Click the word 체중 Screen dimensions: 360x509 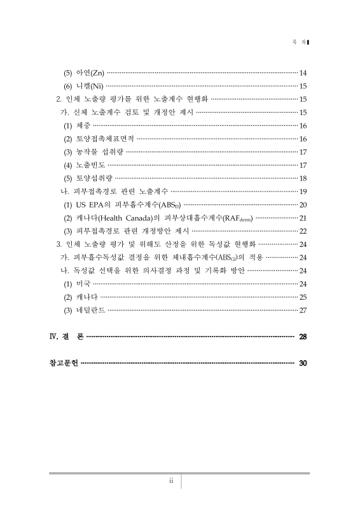(83, 125)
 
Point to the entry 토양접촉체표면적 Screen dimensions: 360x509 (104, 139)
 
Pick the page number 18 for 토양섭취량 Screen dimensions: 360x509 (303, 178)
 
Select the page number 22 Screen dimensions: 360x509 (303, 231)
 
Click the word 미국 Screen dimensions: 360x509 (83, 284)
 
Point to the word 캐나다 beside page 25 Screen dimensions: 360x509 (87, 297)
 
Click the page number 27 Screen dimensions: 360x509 (303, 310)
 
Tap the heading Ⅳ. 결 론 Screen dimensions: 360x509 (66, 336)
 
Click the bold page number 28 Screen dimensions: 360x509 (303, 336)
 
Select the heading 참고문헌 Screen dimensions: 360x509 (64, 363)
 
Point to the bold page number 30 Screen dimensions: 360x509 (303, 363)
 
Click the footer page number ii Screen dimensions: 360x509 (171, 481)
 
